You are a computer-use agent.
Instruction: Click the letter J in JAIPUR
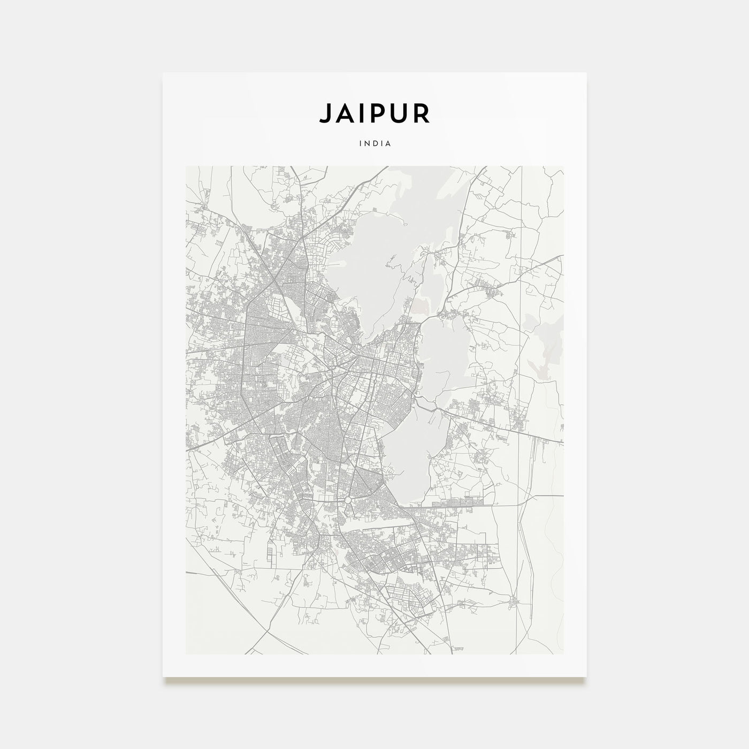click(x=325, y=113)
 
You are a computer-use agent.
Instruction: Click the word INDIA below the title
click(x=375, y=143)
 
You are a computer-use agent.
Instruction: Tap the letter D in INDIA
click(x=375, y=143)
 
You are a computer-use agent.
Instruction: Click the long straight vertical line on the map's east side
click(x=522, y=374)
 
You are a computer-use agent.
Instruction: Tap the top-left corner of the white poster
click(x=163, y=73)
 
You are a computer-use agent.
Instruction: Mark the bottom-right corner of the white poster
click(x=586, y=676)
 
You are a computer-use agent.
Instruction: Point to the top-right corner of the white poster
click(x=586, y=73)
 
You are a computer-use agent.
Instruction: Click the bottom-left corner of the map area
click(x=186, y=654)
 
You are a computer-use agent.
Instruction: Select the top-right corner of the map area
click(x=563, y=166)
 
